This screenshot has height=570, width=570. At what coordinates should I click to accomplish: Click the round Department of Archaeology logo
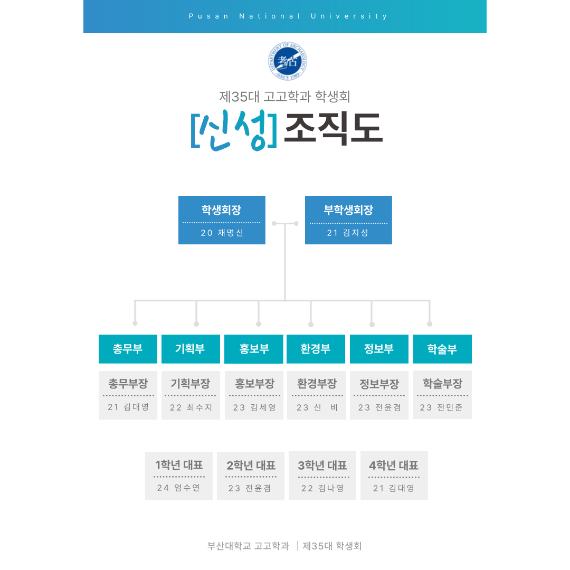[288, 61]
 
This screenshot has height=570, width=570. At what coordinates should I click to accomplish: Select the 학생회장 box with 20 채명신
[222, 220]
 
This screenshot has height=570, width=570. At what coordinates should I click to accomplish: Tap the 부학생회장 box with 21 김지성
[348, 220]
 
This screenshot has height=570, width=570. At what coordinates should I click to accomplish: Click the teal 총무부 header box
[128, 349]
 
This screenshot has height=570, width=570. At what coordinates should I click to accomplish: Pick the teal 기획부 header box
[191, 349]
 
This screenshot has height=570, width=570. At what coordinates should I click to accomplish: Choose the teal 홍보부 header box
[254, 349]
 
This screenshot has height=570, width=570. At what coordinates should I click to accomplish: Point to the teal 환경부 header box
[316, 349]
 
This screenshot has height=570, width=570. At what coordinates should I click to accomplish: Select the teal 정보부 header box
[379, 349]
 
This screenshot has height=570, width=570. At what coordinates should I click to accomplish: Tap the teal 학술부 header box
[442, 349]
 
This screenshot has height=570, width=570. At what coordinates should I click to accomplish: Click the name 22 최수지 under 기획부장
[191, 407]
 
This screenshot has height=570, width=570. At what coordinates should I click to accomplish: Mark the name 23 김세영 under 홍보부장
[254, 407]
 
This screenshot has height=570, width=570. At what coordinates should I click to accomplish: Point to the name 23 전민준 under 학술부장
[441, 407]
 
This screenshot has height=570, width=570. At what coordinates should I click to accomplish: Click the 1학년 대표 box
[179, 476]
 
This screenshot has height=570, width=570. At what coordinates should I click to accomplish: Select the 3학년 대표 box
[322, 476]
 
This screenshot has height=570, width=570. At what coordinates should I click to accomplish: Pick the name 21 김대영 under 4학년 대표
[394, 488]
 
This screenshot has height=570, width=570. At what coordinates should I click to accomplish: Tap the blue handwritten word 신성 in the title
[234, 130]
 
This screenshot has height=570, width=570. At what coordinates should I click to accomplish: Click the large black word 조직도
[334, 128]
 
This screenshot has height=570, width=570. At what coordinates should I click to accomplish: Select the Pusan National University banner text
[288, 16]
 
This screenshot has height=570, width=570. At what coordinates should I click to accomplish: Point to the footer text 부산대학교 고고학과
[248, 546]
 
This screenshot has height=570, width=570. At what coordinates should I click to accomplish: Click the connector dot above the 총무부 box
[135, 323]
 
